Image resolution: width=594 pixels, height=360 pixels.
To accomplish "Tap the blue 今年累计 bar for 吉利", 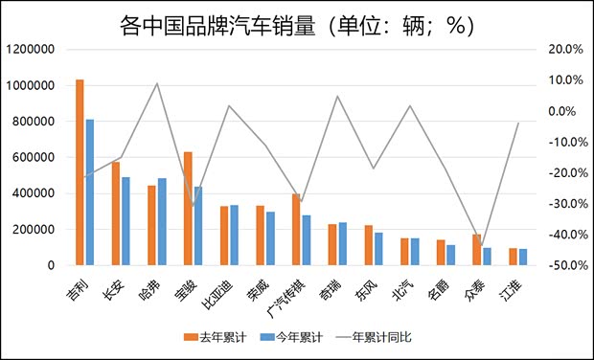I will [90, 191].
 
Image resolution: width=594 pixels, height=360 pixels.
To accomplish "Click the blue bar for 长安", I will [126, 220].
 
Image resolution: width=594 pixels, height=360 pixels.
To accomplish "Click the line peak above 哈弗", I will [157, 83].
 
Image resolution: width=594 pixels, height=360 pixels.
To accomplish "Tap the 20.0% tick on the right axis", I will [563, 50].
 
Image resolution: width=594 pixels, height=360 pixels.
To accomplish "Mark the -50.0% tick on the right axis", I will [561, 265].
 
